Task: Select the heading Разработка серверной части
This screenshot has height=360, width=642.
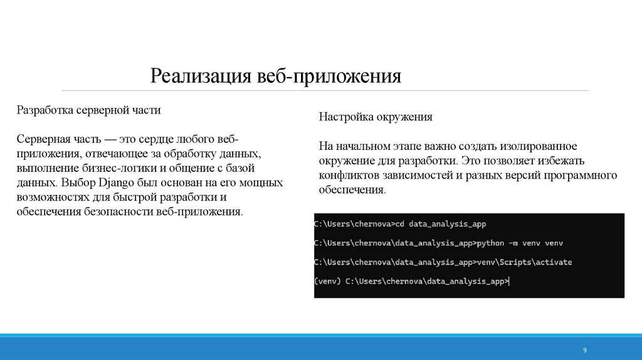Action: coord(88,110)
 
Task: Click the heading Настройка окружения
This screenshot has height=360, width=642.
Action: coord(376,117)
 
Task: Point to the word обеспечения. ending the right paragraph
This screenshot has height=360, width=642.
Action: coord(352,189)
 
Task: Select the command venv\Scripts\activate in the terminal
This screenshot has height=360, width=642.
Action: coord(524,262)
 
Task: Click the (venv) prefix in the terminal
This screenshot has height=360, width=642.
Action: coord(328,282)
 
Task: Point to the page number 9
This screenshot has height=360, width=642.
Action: coord(584,349)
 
